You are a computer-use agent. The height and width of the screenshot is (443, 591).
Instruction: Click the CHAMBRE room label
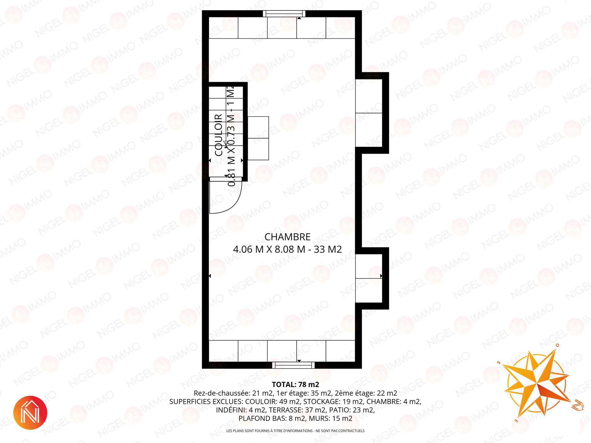click(x=287, y=237)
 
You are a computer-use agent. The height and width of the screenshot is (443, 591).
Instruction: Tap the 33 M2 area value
click(x=328, y=249)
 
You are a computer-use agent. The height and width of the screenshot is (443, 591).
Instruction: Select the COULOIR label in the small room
click(x=219, y=135)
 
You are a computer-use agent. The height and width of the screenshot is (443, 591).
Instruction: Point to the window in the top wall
click(x=284, y=14)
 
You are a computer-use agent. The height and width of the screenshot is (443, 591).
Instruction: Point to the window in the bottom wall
click(x=293, y=365)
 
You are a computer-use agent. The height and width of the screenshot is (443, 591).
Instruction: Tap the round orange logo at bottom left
click(x=30, y=413)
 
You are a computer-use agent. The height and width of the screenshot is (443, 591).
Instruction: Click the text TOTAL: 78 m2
click(x=295, y=385)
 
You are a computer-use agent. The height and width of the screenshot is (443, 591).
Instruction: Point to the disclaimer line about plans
click(x=295, y=431)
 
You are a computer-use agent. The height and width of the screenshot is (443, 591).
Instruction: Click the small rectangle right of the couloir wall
click(x=258, y=138)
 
